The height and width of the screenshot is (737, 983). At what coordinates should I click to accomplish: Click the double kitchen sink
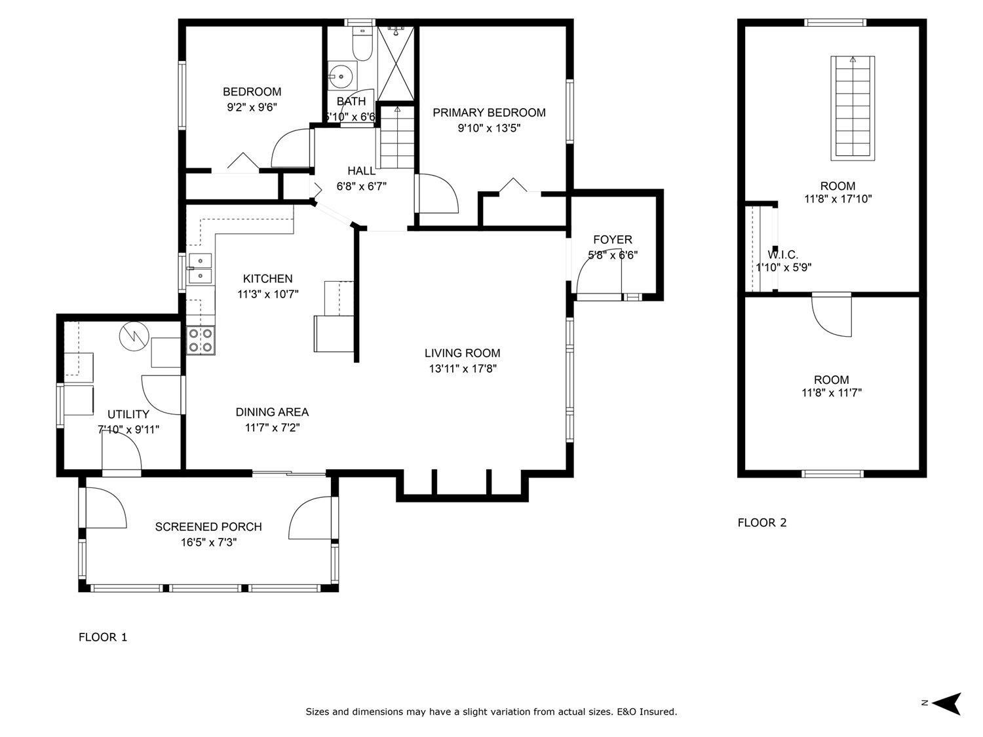[x=200, y=269]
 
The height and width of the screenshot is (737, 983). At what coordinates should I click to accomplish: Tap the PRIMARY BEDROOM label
[x=489, y=113]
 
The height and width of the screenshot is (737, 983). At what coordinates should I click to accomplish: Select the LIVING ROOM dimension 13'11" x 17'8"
[x=463, y=369]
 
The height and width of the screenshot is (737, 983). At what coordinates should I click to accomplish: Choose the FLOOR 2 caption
[x=762, y=522]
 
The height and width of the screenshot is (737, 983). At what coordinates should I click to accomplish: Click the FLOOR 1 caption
[x=103, y=637]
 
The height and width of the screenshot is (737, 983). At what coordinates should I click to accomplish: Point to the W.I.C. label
[x=782, y=255]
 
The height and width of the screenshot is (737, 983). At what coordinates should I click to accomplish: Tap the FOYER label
[x=613, y=240]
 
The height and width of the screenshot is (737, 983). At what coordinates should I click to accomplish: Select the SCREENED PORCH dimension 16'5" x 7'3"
[x=208, y=542]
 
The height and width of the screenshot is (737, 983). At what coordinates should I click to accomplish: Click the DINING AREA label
[x=272, y=412]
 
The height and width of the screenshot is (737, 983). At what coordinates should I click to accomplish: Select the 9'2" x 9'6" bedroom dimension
[x=252, y=107]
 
